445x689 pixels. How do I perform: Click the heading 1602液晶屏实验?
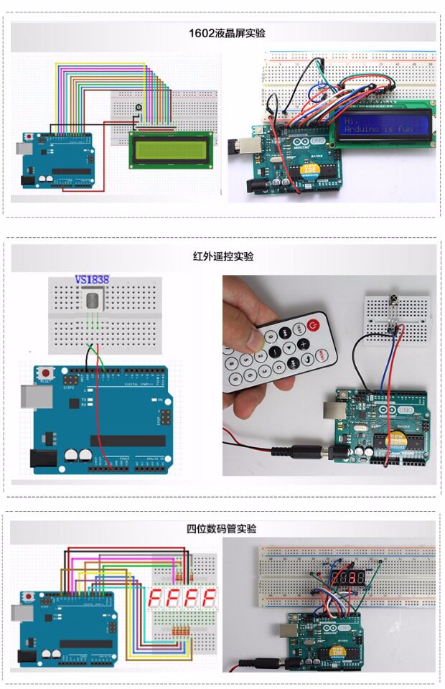click(222, 33)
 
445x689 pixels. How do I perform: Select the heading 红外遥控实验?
click(222, 256)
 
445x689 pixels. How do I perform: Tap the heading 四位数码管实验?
click(222, 528)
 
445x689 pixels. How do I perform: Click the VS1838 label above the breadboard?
click(92, 280)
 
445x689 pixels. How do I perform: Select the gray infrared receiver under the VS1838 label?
click(92, 301)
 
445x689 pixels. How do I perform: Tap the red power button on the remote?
click(311, 326)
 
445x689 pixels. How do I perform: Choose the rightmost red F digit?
click(208, 597)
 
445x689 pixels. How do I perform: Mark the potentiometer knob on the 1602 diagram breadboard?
click(138, 107)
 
